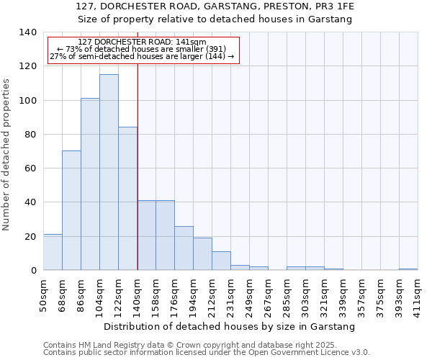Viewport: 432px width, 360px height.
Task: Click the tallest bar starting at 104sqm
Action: click(109, 173)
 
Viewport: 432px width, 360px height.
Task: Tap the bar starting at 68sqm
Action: click(71, 210)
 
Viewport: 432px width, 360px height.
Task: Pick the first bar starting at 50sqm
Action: click(53, 252)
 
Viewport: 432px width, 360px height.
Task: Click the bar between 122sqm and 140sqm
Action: click(127, 199)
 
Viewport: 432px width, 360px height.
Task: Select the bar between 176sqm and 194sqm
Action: click(184, 248)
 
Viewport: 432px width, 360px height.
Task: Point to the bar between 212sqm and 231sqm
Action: click(221, 261)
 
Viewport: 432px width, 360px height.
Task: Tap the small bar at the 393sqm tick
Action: click(408, 269)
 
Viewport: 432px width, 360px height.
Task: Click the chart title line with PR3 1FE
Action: click(215, 6)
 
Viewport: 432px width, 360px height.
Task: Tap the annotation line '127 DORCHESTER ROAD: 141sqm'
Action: click(142, 42)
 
